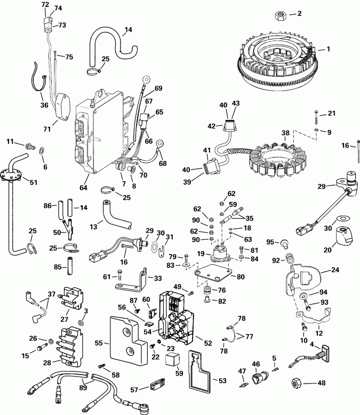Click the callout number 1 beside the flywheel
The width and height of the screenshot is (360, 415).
[x=329, y=49]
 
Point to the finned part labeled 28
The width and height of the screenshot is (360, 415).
[x=71, y=346]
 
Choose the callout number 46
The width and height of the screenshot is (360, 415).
[x=255, y=364]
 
